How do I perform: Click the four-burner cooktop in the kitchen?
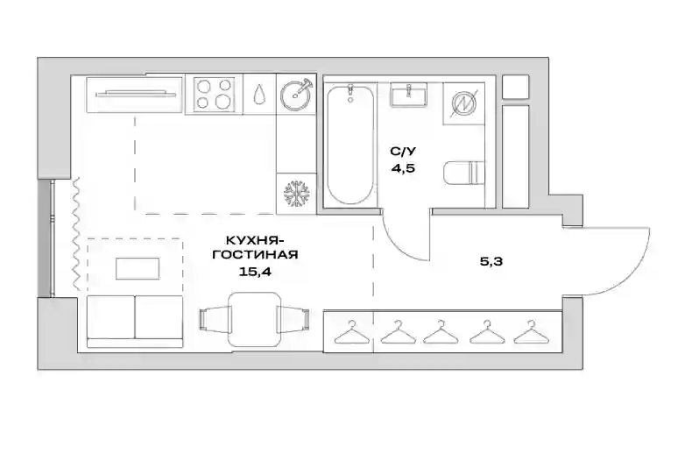pyautogui.click(x=214, y=94)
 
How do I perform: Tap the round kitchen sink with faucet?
pyautogui.click(x=297, y=94)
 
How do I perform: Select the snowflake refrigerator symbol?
pyautogui.click(x=297, y=194)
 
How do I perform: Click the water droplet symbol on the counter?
pyautogui.click(x=259, y=94)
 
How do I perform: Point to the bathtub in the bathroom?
pyautogui.click(x=350, y=145)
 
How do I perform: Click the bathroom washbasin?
pyautogui.click(x=408, y=95)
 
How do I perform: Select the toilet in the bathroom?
pyautogui.click(x=463, y=172)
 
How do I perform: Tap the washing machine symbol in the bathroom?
pyautogui.click(x=464, y=103)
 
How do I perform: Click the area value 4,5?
pyautogui.click(x=403, y=168)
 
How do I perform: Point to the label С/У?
pyautogui.click(x=403, y=152)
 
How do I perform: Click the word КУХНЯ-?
pyautogui.click(x=254, y=241)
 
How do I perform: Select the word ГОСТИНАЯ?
pyautogui.click(x=255, y=255)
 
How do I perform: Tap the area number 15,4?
pyautogui.click(x=255, y=271)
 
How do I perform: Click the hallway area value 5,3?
pyautogui.click(x=491, y=262)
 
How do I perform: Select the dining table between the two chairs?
pyautogui.click(x=255, y=319)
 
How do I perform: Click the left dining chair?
pyautogui.click(x=215, y=319)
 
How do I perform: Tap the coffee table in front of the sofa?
pyautogui.click(x=138, y=268)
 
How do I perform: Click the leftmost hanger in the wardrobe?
pyautogui.click(x=352, y=332)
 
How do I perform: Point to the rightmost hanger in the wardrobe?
pyautogui.click(x=532, y=332)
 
